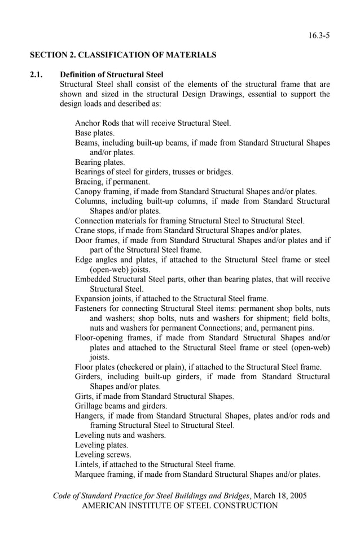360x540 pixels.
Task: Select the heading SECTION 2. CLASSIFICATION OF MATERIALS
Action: point(123,55)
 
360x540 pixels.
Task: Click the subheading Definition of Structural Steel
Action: point(112,74)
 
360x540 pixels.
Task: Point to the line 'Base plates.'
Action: point(95,133)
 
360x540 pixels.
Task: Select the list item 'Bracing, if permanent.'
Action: point(112,182)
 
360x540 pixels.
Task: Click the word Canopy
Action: point(88,191)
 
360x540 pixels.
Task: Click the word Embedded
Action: point(93,279)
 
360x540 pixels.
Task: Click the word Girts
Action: point(84,396)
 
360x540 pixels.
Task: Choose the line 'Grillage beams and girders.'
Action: point(121,406)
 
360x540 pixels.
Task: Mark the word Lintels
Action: point(87,464)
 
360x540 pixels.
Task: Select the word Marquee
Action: point(90,474)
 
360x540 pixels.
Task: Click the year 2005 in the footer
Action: point(297,496)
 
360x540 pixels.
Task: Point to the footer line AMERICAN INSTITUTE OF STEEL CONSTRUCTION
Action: point(180,506)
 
